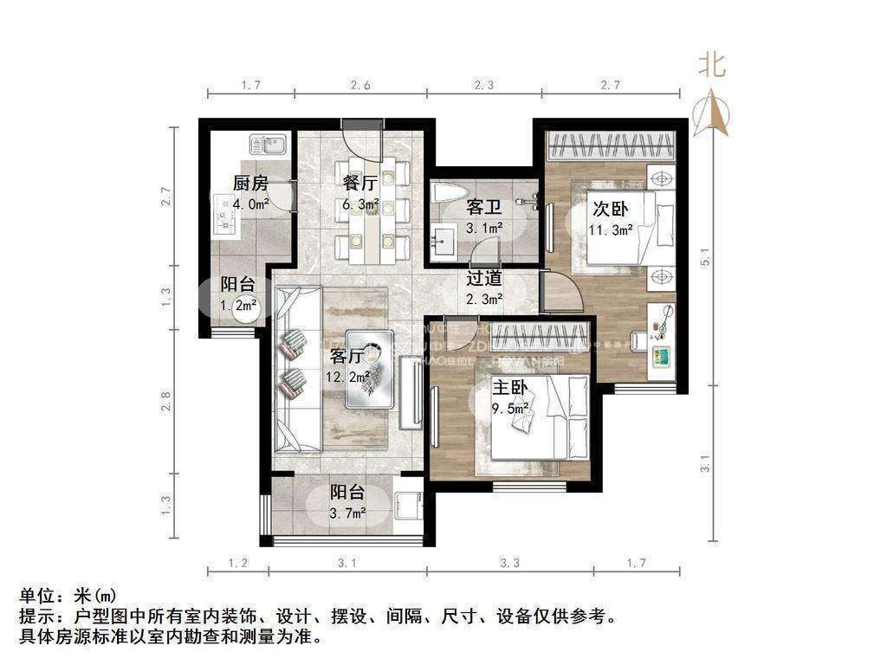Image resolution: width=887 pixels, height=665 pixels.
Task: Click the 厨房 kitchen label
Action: tap(249, 183)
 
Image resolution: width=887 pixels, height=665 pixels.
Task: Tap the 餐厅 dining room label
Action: tap(359, 183)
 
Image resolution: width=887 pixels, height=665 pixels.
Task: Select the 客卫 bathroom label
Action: tap(482, 208)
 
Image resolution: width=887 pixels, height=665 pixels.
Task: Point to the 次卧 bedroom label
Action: tap(610, 209)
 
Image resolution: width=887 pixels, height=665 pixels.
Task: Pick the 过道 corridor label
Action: tap(484, 279)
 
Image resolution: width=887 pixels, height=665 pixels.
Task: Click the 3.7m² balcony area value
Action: tap(347, 513)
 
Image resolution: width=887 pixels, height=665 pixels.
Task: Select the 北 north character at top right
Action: tap(712, 65)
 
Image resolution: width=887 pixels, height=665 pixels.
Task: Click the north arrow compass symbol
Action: tap(713, 113)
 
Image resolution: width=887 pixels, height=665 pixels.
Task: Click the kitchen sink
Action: tap(268, 144)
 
